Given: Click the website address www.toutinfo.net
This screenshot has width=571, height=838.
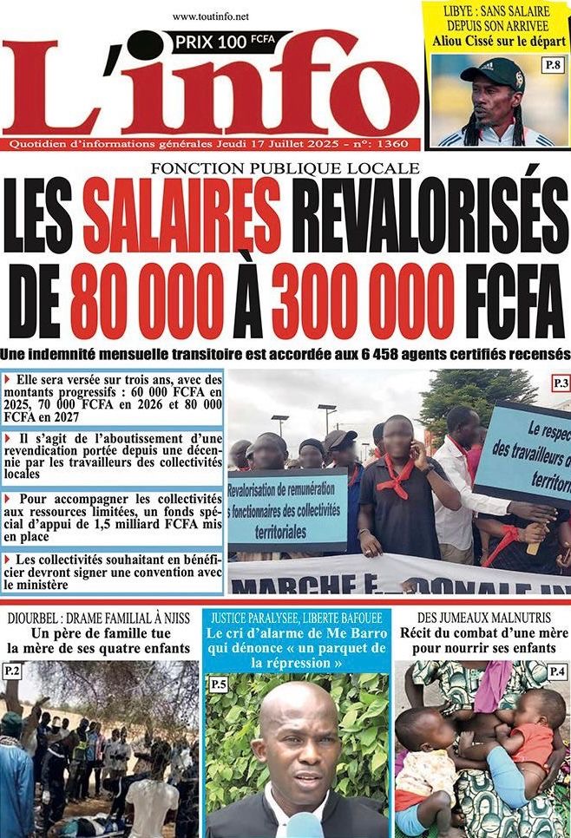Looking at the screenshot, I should pyautogui.click(x=211, y=16).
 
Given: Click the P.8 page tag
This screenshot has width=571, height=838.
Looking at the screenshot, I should pyautogui.click(x=552, y=64).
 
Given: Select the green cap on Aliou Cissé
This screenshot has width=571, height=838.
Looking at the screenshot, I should pyautogui.click(x=493, y=73).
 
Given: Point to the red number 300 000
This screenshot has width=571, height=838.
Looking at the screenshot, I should pyautogui.click(x=363, y=300).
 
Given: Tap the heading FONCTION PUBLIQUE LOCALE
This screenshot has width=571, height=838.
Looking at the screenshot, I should pyautogui.click(x=285, y=168).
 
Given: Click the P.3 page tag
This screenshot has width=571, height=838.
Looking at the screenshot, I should pyautogui.click(x=558, y=382).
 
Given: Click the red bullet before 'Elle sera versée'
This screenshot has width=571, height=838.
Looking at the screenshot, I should pyautogui.click(x=9, y=379).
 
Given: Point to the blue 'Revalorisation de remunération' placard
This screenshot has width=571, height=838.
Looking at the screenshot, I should pyautogui.click(x=286, y=511).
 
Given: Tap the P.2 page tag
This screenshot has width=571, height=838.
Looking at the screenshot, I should pyautogui.click(x=12, y=671).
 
